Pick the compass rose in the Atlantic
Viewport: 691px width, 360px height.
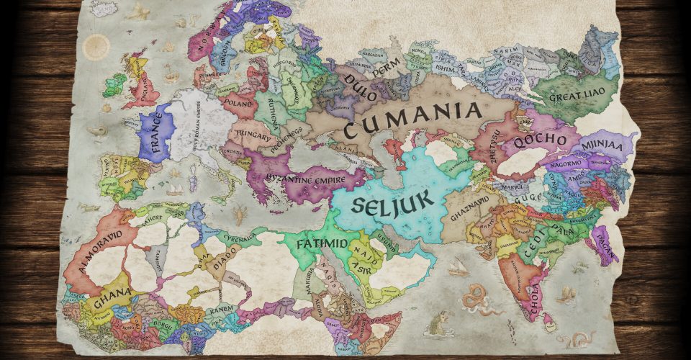[95, 48]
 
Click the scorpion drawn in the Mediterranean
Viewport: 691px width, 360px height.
[240, 214]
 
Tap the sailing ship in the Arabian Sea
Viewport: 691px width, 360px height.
[458, 267]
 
